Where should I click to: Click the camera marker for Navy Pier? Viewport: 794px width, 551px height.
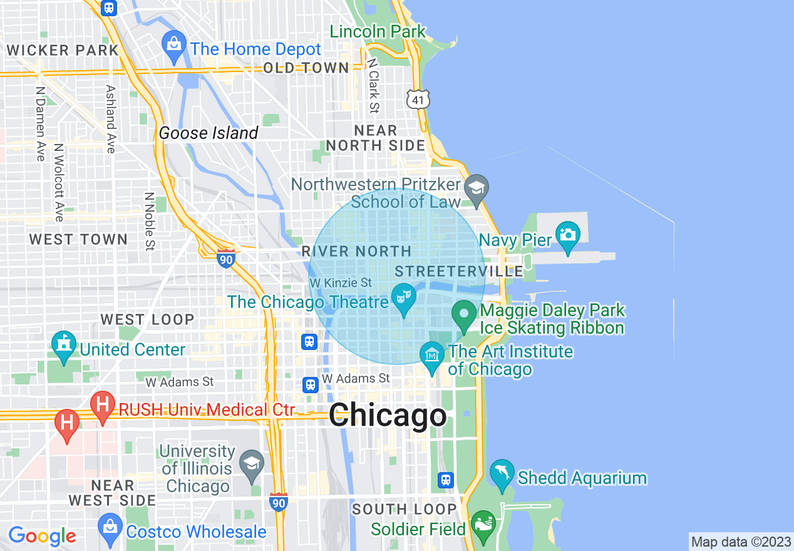coord(567,235)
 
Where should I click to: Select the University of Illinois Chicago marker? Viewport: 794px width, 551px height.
coord(252,464)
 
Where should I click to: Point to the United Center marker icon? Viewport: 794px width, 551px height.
coord(63,345)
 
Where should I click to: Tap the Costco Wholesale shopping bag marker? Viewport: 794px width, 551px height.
coord(110,527)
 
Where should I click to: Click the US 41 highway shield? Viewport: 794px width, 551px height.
coord(417,98)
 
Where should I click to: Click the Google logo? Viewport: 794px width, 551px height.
coord(43,536)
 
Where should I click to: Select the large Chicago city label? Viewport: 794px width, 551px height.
coord(388,416)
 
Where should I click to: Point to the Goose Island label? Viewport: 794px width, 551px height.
coord(209,133)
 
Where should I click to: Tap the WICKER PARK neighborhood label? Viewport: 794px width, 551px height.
coord(62,50)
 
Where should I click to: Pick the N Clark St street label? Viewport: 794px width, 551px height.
coord(374,86)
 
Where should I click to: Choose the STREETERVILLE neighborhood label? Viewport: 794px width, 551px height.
coord(459,271)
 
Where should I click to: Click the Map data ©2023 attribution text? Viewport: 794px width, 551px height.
coord(741,541)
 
